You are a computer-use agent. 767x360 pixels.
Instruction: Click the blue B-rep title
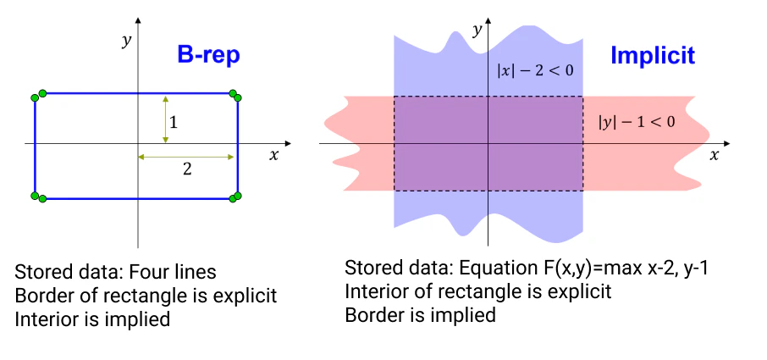[x=208, y=56]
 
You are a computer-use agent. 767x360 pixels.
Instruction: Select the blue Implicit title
[x=652, y=57]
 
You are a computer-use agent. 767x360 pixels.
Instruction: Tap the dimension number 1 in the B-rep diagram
[x=174, y=122]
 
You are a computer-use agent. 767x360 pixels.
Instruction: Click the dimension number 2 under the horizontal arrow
[x=187, y=169]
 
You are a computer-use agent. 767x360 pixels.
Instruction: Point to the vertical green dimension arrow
[x=166, y=119]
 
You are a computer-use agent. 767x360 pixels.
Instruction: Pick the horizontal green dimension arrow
[x=186, y=157]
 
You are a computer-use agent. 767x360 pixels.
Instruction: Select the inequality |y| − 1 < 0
[x=637, y=122]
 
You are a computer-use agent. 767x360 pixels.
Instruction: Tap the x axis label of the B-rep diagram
[x=273, y=155]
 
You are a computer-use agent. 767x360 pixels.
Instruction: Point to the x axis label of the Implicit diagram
[x=715, y=155]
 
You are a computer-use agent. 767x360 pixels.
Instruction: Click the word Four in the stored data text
[x=153, y=273]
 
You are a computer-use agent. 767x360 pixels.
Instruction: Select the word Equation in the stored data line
[x=492, y=269]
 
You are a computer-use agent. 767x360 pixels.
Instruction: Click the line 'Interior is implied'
[x=92, y=319]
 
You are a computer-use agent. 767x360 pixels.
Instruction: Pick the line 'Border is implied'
[x=419, y=315]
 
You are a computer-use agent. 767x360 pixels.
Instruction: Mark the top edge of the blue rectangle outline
[x=135, y=94]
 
